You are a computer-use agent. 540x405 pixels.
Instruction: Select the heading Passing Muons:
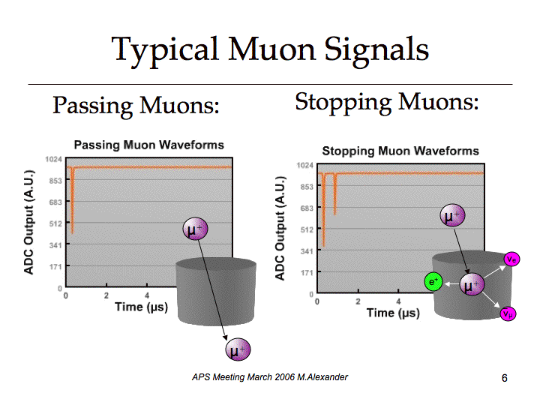tap(136, 106)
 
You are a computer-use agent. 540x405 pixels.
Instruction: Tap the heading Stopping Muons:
tap(387, 103)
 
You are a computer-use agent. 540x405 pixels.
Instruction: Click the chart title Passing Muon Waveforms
tap(149, 145)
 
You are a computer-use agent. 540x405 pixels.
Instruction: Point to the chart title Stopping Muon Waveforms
tap(400, 151)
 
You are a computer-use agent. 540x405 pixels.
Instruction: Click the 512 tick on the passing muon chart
tap(55, 223)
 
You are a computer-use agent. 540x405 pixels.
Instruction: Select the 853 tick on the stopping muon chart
tap(307, 187)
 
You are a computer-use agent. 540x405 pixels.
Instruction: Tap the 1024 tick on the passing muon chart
tap(53, 159)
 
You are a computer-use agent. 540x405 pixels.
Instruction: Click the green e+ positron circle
tap(433, 282)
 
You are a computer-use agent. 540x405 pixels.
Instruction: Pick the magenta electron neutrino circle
tap(511, 259)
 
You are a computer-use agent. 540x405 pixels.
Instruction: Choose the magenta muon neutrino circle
tap(508, 313)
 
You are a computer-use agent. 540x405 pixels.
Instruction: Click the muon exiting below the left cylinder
tap(238, 349)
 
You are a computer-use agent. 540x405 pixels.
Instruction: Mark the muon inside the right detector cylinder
tap(472, 284)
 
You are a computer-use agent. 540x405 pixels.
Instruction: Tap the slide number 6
tap(505, 378)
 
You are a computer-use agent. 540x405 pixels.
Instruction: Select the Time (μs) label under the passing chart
tap(142, 307)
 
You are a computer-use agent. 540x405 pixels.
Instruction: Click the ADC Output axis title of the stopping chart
tap(280, 228)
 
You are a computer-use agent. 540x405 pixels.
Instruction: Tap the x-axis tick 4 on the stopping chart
tap(398, 301)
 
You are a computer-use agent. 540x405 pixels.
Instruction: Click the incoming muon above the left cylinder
tap(195, 229)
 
